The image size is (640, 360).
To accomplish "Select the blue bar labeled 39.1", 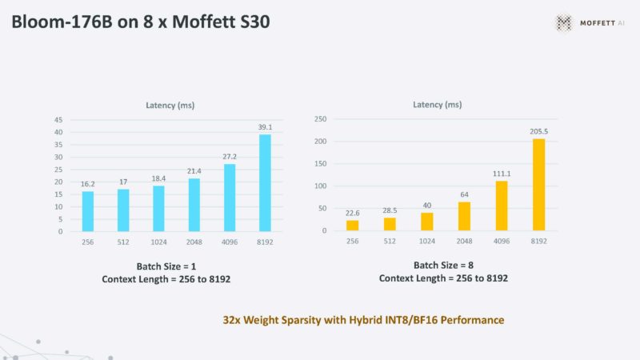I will [266, 183].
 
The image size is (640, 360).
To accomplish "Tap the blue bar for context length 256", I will [88, 211].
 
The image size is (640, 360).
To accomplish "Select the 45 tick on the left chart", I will [58, 120].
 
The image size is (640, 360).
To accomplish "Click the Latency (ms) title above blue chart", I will [170, 105].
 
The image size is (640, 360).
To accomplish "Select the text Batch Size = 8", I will [445, 265].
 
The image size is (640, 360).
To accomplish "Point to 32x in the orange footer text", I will [234, 320].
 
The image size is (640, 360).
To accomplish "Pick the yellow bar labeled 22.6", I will [353, 225].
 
